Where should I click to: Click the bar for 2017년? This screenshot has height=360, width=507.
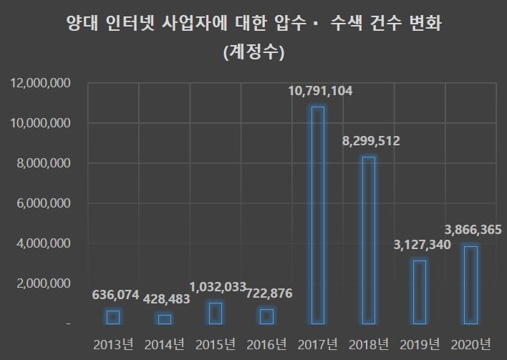pos(317,215)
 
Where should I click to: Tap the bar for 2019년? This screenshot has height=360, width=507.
pos(420,292)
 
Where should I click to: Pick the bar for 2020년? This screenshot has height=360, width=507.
pos(470,285)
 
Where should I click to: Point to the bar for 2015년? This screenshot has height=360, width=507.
pos(215,313)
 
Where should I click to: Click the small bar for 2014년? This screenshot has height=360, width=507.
pos(164,319)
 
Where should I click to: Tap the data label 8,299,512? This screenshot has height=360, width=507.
pos(370,142)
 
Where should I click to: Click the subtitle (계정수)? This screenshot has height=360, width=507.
pos(253,52)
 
